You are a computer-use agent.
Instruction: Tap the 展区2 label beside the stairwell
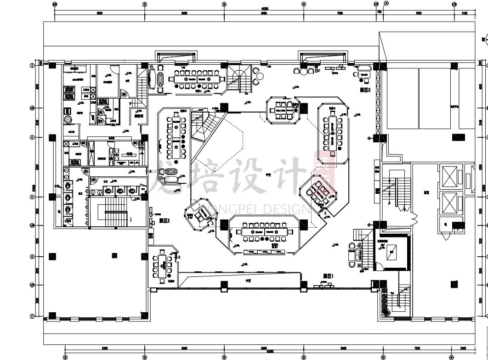[x=165, y=221]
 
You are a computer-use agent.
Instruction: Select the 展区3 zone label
[x=365, y=90]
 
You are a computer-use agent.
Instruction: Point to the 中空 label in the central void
[x=268, y=175]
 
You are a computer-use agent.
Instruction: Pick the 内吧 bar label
[x=129, y=154]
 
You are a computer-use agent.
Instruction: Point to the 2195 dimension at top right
[x=465, y=13]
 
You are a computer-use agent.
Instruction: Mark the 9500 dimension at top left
[x=99, y=13]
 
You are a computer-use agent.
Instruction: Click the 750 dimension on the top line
[x=379, y=13]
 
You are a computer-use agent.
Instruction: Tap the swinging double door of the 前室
[x=414, y=215]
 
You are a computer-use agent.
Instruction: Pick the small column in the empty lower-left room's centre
[x=114, y=256]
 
